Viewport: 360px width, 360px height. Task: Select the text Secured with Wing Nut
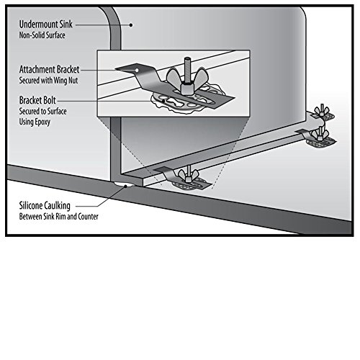pos(48,80)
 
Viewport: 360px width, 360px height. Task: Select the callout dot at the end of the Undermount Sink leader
pos(130,24)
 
